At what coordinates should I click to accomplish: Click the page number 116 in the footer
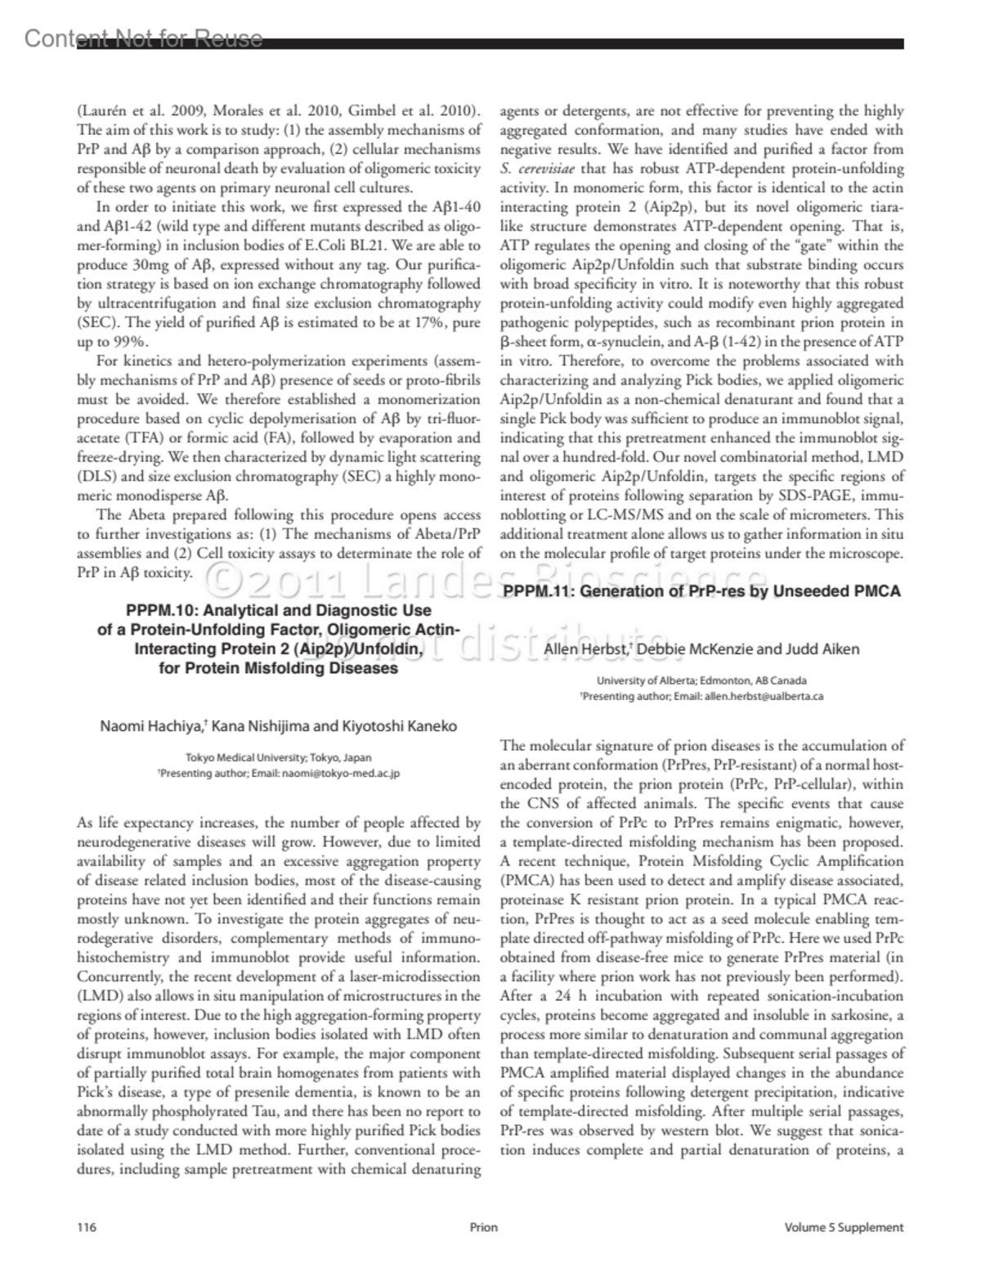(86, 1227)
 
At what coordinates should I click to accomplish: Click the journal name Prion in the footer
(484, 1227)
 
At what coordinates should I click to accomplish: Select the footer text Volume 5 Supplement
(844, 1227)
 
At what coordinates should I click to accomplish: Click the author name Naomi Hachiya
(152, 726)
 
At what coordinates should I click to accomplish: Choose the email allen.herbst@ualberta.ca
(764, 696)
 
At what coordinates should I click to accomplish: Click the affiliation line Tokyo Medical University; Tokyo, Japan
(278, 757)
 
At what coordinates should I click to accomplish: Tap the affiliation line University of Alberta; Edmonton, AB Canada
(701, 680)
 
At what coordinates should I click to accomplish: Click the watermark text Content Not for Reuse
(144, 38)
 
